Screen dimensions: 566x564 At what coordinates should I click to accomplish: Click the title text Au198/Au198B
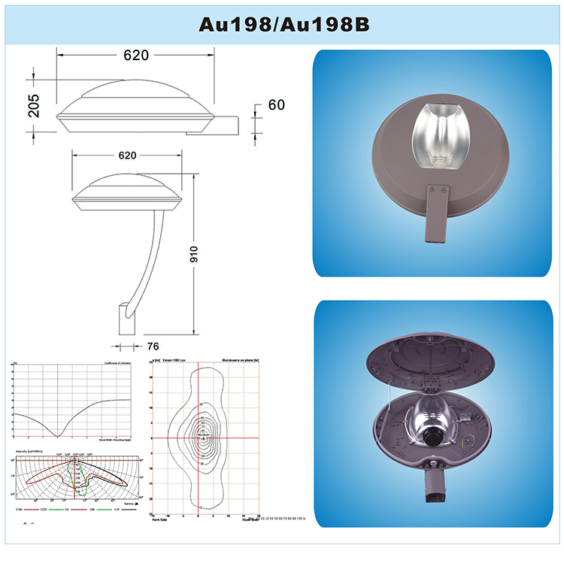tap(283, 23)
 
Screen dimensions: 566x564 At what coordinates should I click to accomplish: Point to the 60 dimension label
tap(276, 105)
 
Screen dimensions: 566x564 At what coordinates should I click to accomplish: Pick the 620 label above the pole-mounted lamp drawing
tap(126, 155)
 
